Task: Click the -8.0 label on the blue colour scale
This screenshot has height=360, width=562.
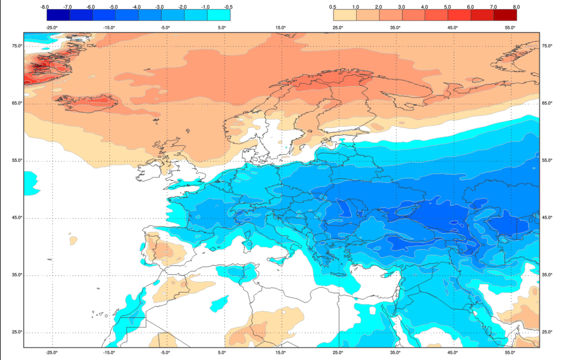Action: (45, 7)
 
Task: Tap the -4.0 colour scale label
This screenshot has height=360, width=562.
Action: (137, 7)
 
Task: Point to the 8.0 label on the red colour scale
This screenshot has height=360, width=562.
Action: (516, 7)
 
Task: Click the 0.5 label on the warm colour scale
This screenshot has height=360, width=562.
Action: (333, 7)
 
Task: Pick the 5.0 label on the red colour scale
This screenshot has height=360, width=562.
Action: (447, 7)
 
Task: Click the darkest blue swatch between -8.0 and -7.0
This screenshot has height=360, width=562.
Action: (58, 15)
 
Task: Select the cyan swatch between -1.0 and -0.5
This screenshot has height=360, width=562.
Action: (219, 15)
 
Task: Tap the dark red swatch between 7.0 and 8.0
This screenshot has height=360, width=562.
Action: (505, 15)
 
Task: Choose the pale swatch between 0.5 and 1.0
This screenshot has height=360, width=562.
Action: (345, 15)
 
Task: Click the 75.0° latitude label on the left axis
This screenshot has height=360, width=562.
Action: (17, 46)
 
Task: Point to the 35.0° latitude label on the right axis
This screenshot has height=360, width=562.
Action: (547, 275)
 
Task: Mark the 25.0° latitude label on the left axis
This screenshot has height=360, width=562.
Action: (17, 332)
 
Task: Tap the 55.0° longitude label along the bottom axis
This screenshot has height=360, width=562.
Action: (510, 353)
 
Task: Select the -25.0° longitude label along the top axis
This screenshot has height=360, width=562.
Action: (52, 27)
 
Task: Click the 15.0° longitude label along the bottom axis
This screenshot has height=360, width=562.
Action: (281, 353)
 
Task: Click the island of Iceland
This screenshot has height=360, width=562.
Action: (90, 103)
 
